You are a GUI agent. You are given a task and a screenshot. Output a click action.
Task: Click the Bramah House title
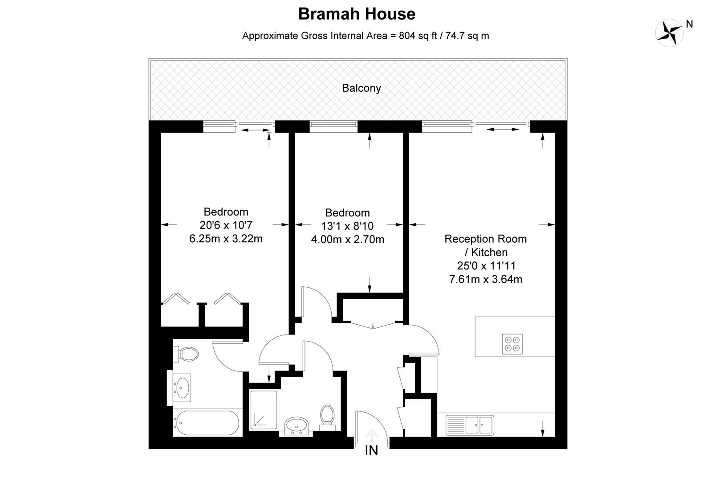click(x=357, y=14)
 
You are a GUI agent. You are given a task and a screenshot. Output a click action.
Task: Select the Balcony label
click(x=362, y=88)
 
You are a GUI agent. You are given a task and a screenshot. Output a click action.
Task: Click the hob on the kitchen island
click(x=512, y=344)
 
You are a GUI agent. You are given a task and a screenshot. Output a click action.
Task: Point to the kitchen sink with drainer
click(x=470, y=425)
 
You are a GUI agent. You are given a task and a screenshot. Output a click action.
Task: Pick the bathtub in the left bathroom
click(x=206, y=423)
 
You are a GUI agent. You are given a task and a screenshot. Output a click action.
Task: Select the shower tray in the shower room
click(x=264, y=410)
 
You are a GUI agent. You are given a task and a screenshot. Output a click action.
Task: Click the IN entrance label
click(x=371, y=450)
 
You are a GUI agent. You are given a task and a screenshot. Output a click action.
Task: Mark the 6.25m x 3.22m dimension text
click(x=226, y=239)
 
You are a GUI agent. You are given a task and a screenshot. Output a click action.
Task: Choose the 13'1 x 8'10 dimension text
click(x=347, y=226)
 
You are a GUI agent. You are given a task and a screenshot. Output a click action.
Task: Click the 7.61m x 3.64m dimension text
click(x=486, y=279)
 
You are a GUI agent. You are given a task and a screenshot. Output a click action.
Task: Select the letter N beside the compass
click(x=690, y=24)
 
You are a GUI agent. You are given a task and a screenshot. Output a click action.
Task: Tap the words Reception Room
click(x=486, y=239)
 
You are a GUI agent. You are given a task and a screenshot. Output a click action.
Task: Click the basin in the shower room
click(x=296, y=426)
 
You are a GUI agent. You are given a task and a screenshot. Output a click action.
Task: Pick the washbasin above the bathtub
click(x=182, y=388)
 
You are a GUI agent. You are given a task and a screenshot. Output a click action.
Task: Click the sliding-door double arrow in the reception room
click(x=503, y=129)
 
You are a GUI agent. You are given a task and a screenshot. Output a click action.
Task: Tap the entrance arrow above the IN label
click(x=371, y=435)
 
